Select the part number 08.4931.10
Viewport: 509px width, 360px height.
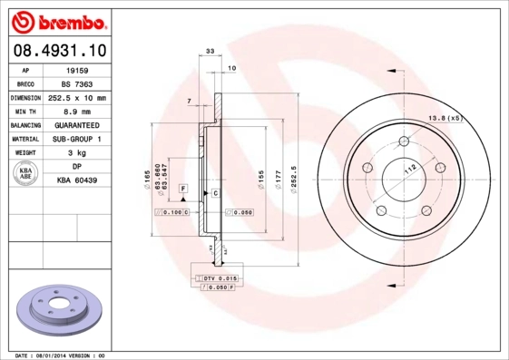[x=59, y=51]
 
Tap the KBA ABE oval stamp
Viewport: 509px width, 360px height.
[x=25, y=174]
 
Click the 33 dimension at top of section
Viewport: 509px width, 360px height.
[x=210, y=53]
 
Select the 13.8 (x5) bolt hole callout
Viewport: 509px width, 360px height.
[x=445, y=118]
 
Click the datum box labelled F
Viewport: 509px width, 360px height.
[x=182, y=188]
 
